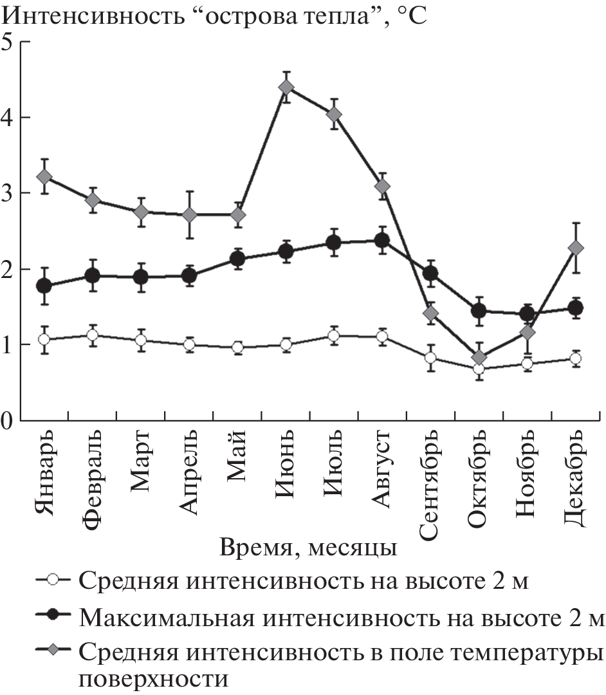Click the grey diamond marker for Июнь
click(x=286, y=88)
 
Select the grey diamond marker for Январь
click(x=44, y=176)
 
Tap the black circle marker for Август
click(x=382, y=241)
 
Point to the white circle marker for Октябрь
click(x=479, y=369)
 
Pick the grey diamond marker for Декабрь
click(x=576, y=248)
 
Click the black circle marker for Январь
click(x=44, y=286)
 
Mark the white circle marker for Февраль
click(x=93, y=335)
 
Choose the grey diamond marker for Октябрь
click(x=479, y=357)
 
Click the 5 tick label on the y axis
click(x=9, y=43)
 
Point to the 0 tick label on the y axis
click(x=9, y=421)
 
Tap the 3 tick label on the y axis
click(x=9, y=194)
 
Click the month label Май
click(x=237, y=463)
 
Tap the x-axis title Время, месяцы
click(x=308, y=548)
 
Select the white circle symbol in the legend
click(x=53, y=580)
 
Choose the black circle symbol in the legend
click(x=53, y=617)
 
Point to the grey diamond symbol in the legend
click(x=53, y=653)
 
